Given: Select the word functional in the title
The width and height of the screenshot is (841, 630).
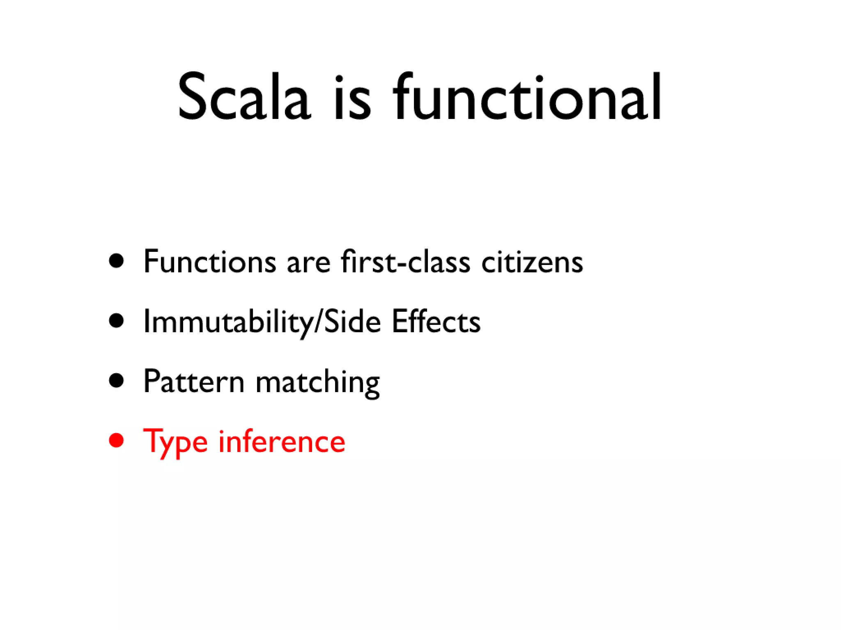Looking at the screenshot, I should pyautogui.click(x=527, y=98).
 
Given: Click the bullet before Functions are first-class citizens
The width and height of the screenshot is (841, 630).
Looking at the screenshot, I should pyautogui.click(x=117, y=261).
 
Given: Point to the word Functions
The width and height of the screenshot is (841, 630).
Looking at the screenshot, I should pyautogui.click(x=209, y=262).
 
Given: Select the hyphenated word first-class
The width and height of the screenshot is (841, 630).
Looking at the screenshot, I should pyautogui.click(x=405, y=262).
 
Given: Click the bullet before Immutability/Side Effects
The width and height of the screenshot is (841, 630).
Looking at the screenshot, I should pyautogui.click(x=117, y=321).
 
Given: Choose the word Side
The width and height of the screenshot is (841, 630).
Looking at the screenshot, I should pyautogui.click(x=352, y=322).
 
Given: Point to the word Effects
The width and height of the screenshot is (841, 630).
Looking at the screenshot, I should pyautogui.click(x=436, y=322).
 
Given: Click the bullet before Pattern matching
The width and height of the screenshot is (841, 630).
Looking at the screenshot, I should pyautogui.click(x=117, y=381).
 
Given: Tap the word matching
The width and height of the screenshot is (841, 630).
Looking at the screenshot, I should pyautogui.click(x=317, y=382).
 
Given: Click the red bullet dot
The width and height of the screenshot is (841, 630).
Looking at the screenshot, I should pyautogui.click(x=117, y=441).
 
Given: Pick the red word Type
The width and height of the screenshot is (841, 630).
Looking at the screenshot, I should pyautogui.click(x=175, y=442).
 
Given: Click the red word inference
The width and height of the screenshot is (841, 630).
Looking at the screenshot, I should pyautogui.click(x=282, y=441).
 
